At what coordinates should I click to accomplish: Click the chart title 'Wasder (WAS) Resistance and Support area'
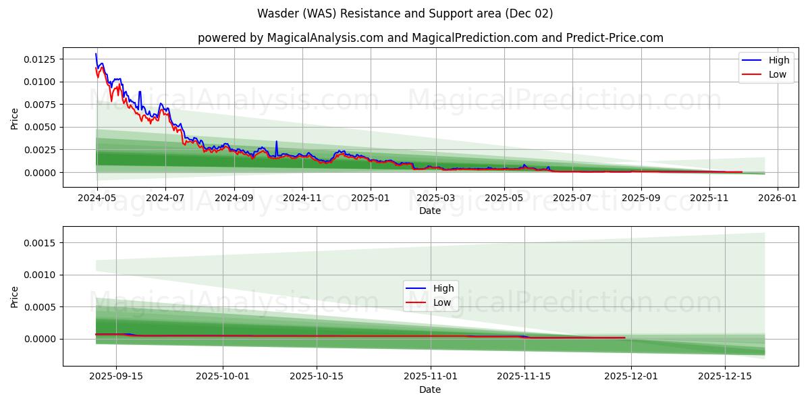coord(405,13)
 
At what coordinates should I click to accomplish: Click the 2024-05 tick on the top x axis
coord(97,198)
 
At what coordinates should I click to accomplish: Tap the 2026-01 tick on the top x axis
coord(778,198)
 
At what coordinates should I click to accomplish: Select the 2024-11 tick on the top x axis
coord(302,198)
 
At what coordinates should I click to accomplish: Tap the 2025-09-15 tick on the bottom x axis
coord(116,377)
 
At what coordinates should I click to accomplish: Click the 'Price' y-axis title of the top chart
coord(15,117)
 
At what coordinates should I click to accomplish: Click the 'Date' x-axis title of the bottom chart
coord(430,389)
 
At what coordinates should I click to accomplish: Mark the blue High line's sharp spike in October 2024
coord(276,142)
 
